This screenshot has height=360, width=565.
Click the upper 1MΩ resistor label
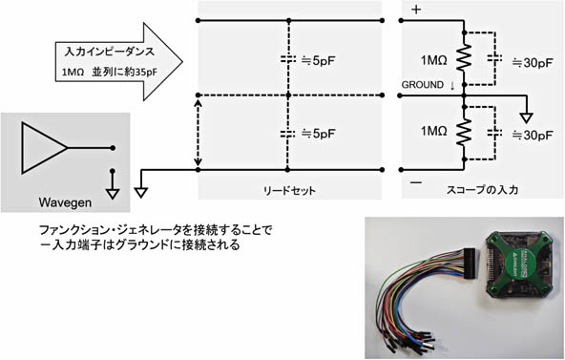(x=432, y=58)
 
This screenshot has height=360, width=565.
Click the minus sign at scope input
(x=416, y=179)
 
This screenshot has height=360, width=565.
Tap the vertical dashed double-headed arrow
(x=198, y=133)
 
